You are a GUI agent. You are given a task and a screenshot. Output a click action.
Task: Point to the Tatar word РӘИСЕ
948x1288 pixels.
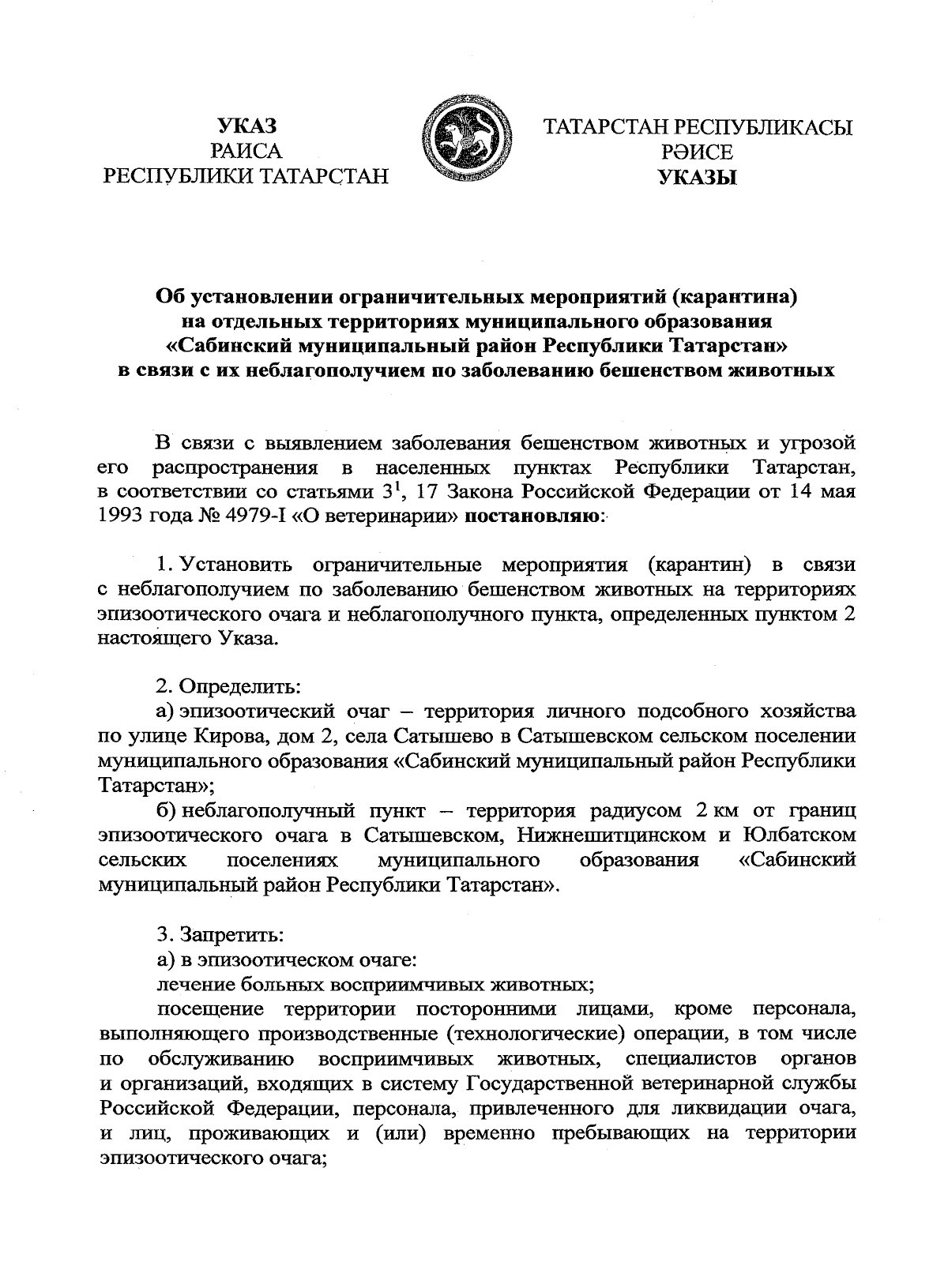pos(698,152)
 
